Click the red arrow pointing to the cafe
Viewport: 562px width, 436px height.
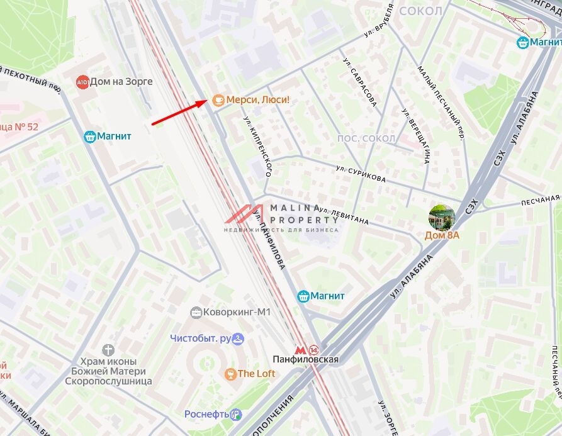pyautogui.click(x=179, y=112)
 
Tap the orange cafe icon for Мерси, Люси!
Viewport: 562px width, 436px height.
pyautogui.click(x=218, y=99)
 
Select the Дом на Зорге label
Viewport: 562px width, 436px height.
pyautogui.click(x=121, y=82)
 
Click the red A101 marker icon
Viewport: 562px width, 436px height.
pyautogui.click(x=82, y=82)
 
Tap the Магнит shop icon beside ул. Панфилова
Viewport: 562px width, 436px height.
pyautogui.click(x=303, y=296)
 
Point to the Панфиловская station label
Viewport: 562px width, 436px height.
pyautogui.click(x=305, y=359)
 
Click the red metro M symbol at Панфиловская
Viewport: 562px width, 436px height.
pyautogui.click(x=300, y=350)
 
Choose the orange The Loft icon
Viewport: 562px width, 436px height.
pyautogui.click(x=230, y=374)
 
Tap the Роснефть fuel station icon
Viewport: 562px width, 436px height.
pyautogui.click(x=236, y=414)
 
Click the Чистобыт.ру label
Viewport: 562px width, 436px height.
pyautogui.click(x=201, y=338)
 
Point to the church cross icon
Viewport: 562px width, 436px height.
pyautogui.click(x=108, y=349)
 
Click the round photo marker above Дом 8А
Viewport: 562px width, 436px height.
pyautogui.click(x=442, y=217)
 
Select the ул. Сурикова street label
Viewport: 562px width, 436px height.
pyautogui.click(x=361, y=174)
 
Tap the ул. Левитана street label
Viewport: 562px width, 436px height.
pyautogui.click(x=344, y=216)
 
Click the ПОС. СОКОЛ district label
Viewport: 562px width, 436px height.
pyautogui.click(x=366, y=138)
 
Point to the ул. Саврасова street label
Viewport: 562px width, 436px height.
pyautogui.click(x=360, y=82)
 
